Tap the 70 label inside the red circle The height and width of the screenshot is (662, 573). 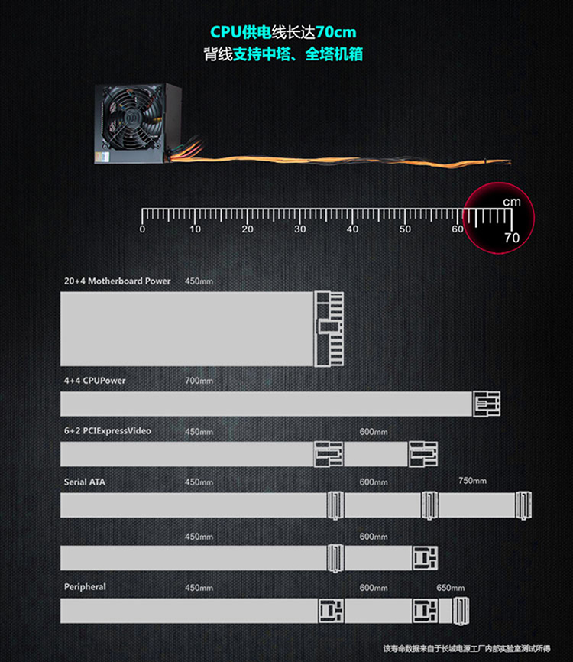[512, 238]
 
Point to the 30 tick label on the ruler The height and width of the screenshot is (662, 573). [300, 229]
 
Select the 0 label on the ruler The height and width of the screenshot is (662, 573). [142, 229]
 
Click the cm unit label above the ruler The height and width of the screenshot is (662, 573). [512, 202]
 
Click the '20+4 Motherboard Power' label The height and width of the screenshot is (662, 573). [118, 281]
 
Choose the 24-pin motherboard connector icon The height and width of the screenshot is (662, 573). [329, 329]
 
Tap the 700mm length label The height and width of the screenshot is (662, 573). [199, 381]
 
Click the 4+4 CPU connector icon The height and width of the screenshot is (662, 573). [487, 404]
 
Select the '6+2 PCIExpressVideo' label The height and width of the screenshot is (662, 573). [107, 430]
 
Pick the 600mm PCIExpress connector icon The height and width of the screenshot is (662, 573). [423, 454]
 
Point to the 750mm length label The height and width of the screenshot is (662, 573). [472, 481]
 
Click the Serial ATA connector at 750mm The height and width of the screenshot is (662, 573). [523, 505]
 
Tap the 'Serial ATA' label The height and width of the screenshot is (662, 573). [84, 482]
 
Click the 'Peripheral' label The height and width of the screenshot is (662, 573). [85, 587]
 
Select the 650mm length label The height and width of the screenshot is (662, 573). [450, 588]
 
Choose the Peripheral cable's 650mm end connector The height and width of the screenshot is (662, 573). [461, 611]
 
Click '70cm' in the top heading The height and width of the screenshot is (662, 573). [336, 32]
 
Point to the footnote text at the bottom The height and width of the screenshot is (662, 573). [467, 648]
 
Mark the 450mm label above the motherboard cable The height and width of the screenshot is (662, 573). [199, 281]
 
